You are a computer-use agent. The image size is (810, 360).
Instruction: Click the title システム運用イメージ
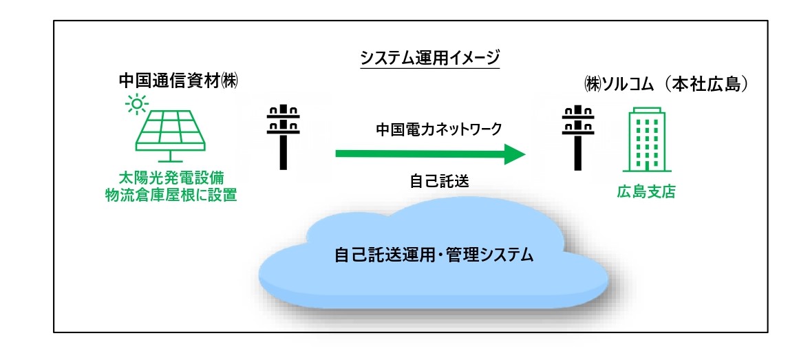(430, 59)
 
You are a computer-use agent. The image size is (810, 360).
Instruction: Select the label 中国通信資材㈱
(179, 82)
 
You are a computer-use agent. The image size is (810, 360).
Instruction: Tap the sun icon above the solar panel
(137, 105)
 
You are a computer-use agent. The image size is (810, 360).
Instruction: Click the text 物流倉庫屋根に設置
(171, 197)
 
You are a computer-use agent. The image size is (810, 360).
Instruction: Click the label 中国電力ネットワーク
(438, 129)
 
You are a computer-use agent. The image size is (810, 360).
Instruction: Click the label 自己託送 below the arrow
(439, 181)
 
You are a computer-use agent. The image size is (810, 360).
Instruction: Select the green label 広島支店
(646, 193)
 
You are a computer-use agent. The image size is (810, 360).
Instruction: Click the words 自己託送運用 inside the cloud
(380, 255)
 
